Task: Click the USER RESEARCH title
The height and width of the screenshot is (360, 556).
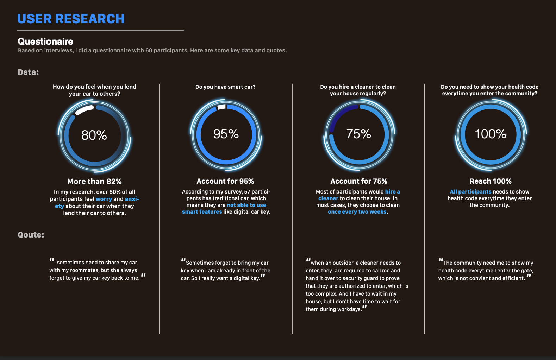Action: coord(71,19)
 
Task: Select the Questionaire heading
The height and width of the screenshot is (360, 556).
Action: coord(45,42)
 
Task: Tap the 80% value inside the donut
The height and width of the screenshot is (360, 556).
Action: coord(94,135)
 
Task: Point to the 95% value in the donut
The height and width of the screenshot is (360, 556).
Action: coord(226,134)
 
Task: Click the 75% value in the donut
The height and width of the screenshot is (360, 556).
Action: coord(358,134)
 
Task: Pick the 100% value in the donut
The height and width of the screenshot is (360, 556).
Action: coord(491,134)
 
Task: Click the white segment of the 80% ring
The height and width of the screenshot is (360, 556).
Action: coord(85,110)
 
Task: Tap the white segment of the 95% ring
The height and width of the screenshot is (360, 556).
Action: coord(221,107)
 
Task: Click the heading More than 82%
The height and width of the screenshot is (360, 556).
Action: coord(94,182)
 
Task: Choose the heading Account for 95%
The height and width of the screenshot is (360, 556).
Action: coord(225,181)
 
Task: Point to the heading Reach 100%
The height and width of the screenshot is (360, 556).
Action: coord(491,181)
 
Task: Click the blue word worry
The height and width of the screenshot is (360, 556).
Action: coord(104,199)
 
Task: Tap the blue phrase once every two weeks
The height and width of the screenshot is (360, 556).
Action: coord(357,212)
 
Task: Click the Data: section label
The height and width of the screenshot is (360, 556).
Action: coord(28,72)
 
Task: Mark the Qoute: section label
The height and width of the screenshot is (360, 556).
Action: coord(31,235)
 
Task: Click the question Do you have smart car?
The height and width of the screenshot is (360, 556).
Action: coord(225,87)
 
